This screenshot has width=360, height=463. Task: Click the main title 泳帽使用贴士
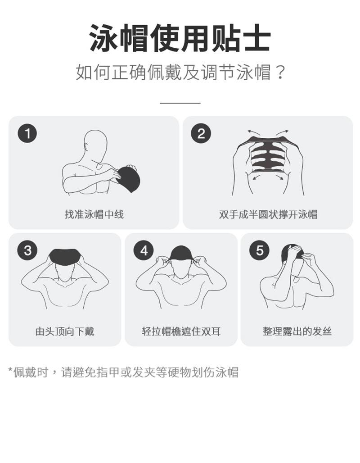[x=180, y=38]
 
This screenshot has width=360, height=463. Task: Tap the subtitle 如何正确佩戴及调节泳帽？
[x=180, y=73]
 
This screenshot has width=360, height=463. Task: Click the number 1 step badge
[x=27, y=133]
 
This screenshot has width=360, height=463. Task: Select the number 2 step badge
[x=201, y=133]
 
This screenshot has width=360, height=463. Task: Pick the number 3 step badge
[x=27, y=251]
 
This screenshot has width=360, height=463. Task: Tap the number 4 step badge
[x=144, y=251]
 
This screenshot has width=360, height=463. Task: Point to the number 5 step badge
[x=259, y=251]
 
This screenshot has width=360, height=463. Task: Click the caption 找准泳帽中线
[x=94, y=214]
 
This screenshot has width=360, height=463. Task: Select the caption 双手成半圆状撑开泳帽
[x=268, y=214]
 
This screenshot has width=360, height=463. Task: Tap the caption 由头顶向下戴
[x=65, y=331]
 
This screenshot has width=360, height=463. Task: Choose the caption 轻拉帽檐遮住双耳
[x=181, y=331]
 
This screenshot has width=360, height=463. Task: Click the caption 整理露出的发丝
[x=297, y=331]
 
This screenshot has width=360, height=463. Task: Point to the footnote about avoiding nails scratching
[x=123, y=372]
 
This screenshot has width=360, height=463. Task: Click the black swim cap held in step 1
[x=129, y=179]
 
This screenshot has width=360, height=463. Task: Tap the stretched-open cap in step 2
[x=267, y=155]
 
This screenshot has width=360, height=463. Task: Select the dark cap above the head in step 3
[x=65, y=256]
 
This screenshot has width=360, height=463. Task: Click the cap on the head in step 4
[x=181, y=253]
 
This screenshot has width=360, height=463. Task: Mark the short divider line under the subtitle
[x=180, y=103]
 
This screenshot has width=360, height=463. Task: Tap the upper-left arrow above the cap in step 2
[x=253, y=132]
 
